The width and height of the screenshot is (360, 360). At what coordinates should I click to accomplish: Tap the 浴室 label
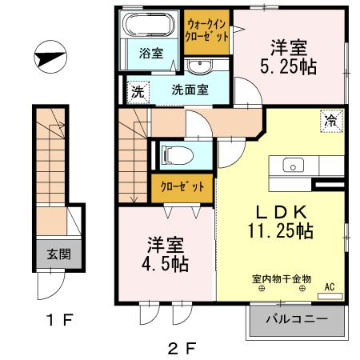150,54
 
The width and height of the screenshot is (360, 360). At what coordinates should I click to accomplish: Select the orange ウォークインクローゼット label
207,30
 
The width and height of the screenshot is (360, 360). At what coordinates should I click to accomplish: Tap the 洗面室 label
190,90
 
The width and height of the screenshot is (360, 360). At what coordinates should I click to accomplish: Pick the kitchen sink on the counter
293,166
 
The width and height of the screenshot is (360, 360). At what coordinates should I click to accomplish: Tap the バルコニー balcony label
296,320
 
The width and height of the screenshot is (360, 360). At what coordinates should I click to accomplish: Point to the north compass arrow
50,58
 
